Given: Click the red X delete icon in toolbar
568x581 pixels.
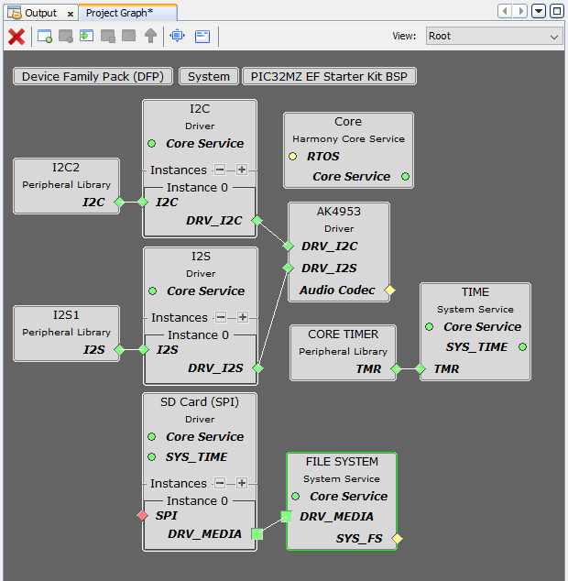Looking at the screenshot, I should (x=16, y=37).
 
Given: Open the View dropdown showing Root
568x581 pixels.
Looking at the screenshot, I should (x=493, y=37).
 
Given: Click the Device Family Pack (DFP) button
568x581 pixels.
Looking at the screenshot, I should (x=93, y=77).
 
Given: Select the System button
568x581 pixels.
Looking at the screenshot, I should (x=208, y=77).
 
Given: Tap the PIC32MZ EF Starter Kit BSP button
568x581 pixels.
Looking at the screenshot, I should (x=329, y=77).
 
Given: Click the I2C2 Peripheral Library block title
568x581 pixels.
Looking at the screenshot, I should (x=66, y=168).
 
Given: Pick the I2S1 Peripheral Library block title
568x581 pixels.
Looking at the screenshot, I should (x=66, y=315).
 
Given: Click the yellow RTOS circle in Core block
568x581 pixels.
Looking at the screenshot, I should (x=293, y=157).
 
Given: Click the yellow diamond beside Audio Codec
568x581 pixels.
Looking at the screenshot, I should (x=389, y=290).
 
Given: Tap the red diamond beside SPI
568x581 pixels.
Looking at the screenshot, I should (x=142, y=516).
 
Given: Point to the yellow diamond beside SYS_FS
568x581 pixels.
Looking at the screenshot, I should (x=397, y=538).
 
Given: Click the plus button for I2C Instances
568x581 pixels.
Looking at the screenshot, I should (x=242, y=170).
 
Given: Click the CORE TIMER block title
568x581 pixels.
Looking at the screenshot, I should (x=343, y=334).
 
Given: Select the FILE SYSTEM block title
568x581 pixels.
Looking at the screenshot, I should (x=342, y=461).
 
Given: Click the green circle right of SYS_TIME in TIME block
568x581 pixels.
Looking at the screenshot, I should (x=522, y=347).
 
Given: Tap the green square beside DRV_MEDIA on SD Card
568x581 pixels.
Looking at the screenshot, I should (x=257, y=534).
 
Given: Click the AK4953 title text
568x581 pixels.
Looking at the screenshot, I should (x=339, y=211).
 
